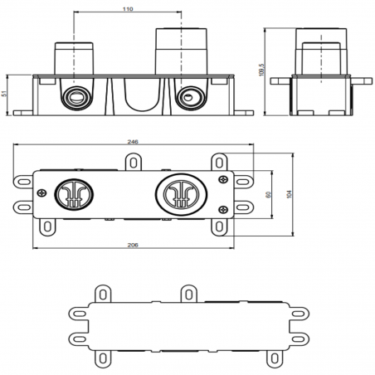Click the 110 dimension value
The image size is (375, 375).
click(127, 9)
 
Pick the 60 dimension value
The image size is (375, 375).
click(267, 194)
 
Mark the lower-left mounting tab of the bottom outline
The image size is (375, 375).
click(105, 357)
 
